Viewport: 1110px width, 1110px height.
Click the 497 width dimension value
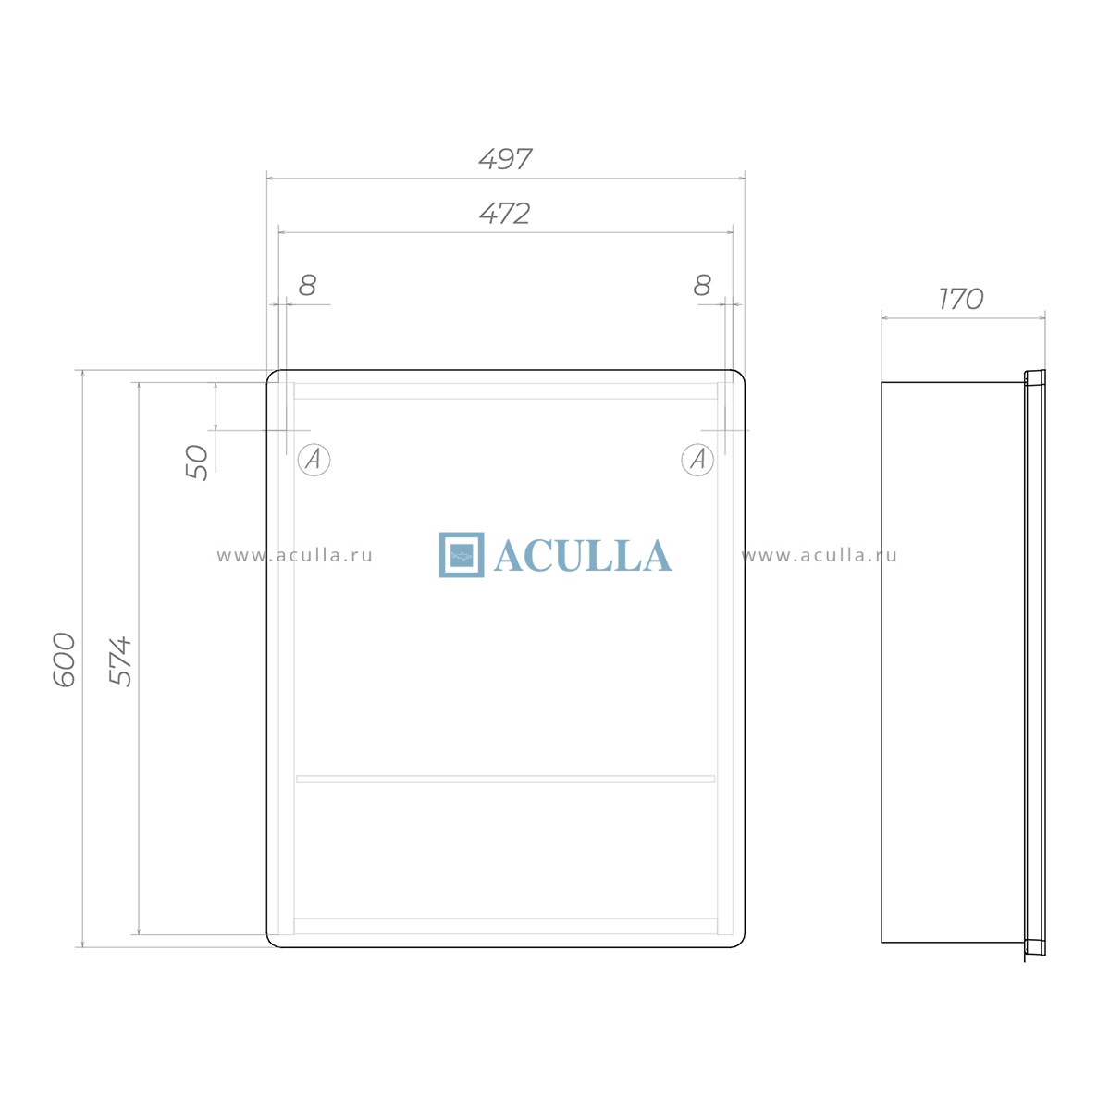tap(505, 159)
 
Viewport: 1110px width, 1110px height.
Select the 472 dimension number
tap(505, 214)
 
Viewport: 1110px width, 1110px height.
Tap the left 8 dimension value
tap(308, 285)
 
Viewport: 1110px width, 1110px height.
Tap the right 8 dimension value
tap(702, 285)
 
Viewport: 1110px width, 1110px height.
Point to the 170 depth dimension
tap(961, 299)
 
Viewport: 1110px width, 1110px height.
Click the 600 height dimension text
tap(64, 660)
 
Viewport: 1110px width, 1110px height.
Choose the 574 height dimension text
tap(120, 661)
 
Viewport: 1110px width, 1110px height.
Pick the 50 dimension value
tap(197, 462)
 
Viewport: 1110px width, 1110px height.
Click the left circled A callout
tap(314, 460)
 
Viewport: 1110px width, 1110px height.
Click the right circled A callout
tap(697, 460)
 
